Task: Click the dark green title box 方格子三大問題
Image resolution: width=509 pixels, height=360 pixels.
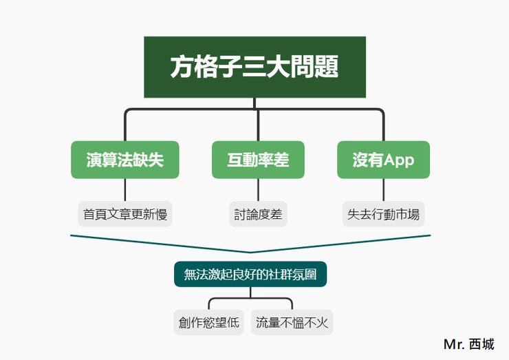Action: (254, 67)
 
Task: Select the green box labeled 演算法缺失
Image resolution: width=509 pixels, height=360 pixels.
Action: (125, 160)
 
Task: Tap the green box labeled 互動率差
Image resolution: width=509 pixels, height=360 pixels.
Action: (258, 160)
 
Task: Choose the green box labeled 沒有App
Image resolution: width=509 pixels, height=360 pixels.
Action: (383, 160)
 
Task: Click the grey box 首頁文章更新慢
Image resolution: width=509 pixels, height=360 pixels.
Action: (125, 214)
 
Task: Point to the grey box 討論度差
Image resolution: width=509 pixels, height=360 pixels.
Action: (258, 214)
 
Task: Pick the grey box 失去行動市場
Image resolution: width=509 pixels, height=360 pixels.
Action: (383, 214)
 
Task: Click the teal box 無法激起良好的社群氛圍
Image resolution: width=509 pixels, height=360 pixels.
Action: (250, 274)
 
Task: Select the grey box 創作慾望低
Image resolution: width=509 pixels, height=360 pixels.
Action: (208, 322)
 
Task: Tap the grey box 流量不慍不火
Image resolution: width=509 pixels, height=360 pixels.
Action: (292, 322)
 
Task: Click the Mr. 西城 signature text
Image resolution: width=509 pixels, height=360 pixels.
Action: (468, 344)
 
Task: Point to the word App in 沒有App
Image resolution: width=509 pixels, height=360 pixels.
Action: (399, 160)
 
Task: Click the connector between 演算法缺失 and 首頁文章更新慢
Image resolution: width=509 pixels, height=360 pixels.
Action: (125, 190)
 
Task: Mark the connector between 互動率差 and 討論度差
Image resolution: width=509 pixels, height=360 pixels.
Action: (258, 190)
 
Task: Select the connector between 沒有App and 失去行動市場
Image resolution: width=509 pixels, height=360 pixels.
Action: (383, 190)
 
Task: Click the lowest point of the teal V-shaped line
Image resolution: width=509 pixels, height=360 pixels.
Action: (250, 252)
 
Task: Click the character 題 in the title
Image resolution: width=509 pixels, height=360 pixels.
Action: (327, 67)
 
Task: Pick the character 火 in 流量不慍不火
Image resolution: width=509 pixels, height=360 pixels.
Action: (322, 323)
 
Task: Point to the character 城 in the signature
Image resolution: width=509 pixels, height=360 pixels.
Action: (488, 344)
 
